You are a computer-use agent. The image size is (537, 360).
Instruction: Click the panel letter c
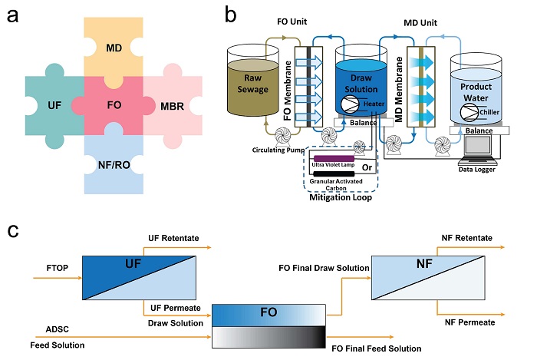click(x=13, y=230)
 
